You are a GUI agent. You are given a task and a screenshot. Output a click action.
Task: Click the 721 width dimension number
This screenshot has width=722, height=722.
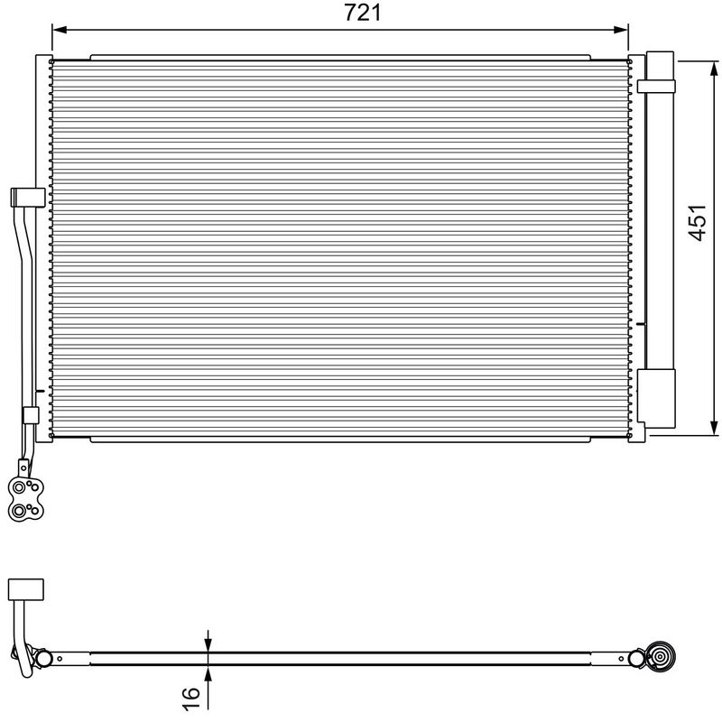(x=363, y=13)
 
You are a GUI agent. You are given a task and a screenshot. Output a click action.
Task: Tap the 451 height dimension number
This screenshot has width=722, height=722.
(x=697, y=222)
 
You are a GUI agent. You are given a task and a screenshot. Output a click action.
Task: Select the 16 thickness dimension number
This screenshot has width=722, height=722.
(x=191, y=698)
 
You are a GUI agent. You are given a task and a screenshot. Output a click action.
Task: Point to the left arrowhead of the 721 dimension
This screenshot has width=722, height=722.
(x=60, y=30)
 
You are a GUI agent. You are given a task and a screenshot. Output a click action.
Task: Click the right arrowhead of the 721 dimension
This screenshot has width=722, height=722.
(x=620, y=30)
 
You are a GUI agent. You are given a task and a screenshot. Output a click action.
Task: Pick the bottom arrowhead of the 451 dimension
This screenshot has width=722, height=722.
(x=714, y=427)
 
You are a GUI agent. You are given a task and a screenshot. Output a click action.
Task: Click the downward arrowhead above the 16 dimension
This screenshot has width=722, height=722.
(x=208, y=644)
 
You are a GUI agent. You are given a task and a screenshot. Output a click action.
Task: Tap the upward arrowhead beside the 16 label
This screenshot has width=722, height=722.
(x=208, y=673)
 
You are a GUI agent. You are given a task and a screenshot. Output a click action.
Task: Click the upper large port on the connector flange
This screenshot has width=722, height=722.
(x=19, y=487)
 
